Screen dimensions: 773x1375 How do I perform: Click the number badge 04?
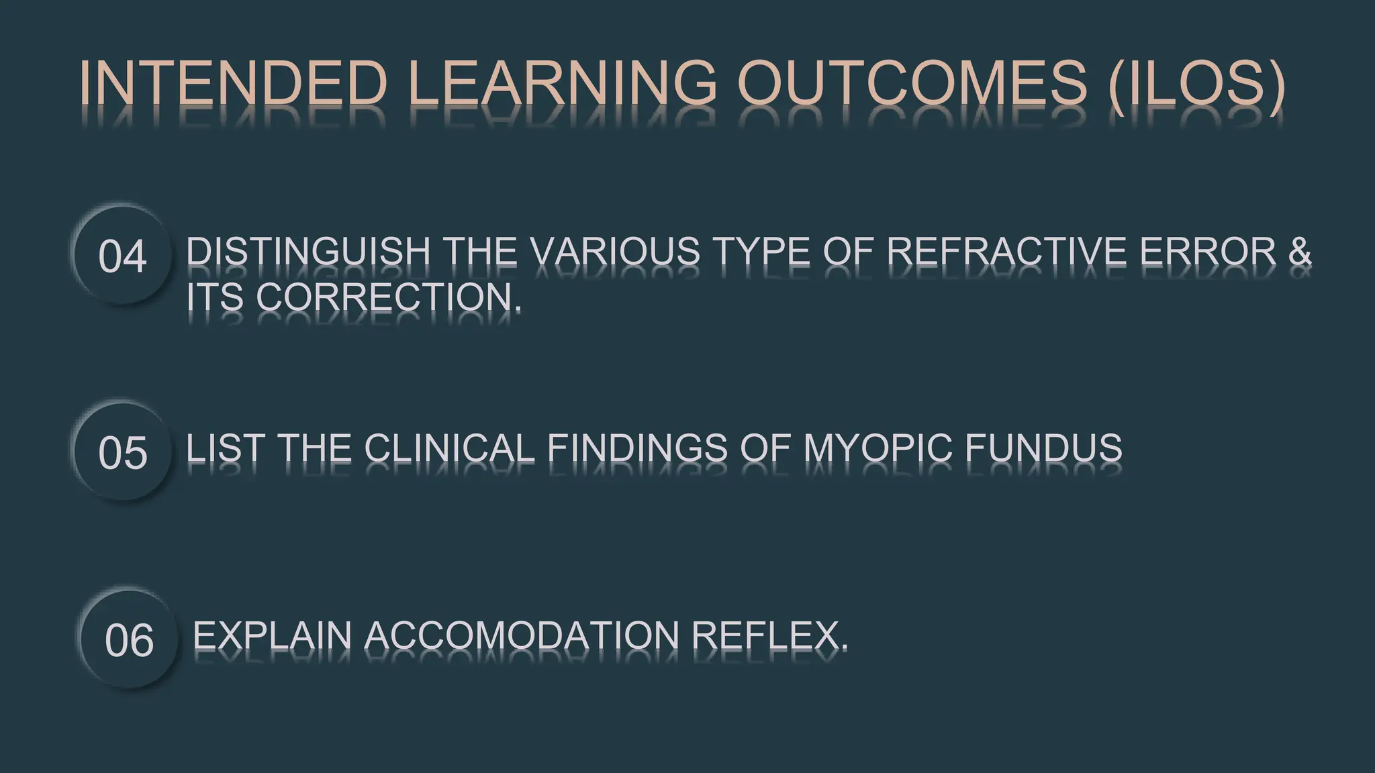[x=122, y=256]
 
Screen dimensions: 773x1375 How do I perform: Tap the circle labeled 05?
[x=122, y=452]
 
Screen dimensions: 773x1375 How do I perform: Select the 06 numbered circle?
[x=129, y=639]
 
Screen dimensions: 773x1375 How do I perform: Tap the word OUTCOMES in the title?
[x=912, y=84]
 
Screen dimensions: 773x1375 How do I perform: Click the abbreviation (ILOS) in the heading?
[x=1197, y=84]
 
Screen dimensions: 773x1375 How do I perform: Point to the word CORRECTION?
[x=387, y=297]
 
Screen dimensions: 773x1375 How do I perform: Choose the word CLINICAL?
[x=449, y=448]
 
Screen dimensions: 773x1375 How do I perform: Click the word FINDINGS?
[x=637, y=448]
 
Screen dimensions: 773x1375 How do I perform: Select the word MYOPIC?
[x=878, y=448]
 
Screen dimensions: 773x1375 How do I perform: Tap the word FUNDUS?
[x=1043, y=448]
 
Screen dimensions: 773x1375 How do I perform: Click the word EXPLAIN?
[x=272, y=635]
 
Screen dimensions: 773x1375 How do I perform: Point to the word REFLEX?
[x=769, y=635]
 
